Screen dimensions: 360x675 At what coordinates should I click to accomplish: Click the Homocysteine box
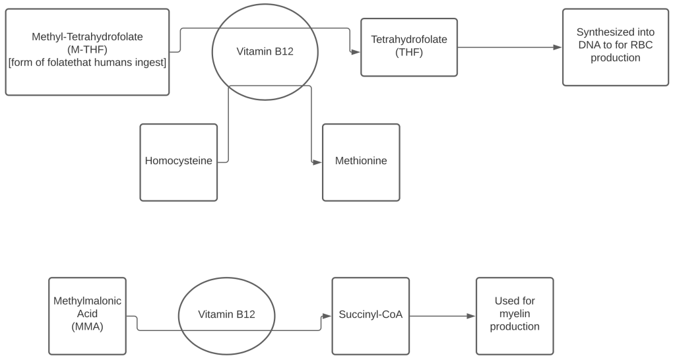[178, 162]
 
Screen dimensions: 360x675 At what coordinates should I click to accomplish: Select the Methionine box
[361, 162]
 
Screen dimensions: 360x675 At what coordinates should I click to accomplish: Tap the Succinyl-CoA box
[370, 316]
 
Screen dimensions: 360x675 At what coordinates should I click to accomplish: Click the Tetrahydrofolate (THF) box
[408, 47]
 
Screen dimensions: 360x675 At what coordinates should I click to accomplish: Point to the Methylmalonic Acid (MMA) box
[87, 316]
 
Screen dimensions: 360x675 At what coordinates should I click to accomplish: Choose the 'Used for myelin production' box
[514, 316]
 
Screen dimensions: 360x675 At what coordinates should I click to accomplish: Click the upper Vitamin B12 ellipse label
[265, 51]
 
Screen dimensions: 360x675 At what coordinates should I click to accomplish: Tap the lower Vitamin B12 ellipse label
[226, 315]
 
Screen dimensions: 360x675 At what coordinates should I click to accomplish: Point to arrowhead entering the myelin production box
[471, 316]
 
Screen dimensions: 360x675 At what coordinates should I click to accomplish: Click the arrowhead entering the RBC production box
[558, 47]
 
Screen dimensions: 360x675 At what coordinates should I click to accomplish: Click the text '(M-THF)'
[87, 49]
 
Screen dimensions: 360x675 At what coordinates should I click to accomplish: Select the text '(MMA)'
[87, 326]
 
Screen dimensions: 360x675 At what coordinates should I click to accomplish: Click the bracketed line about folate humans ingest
[87, 63]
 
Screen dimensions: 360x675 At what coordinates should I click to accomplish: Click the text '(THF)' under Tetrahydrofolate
[408, 52]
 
